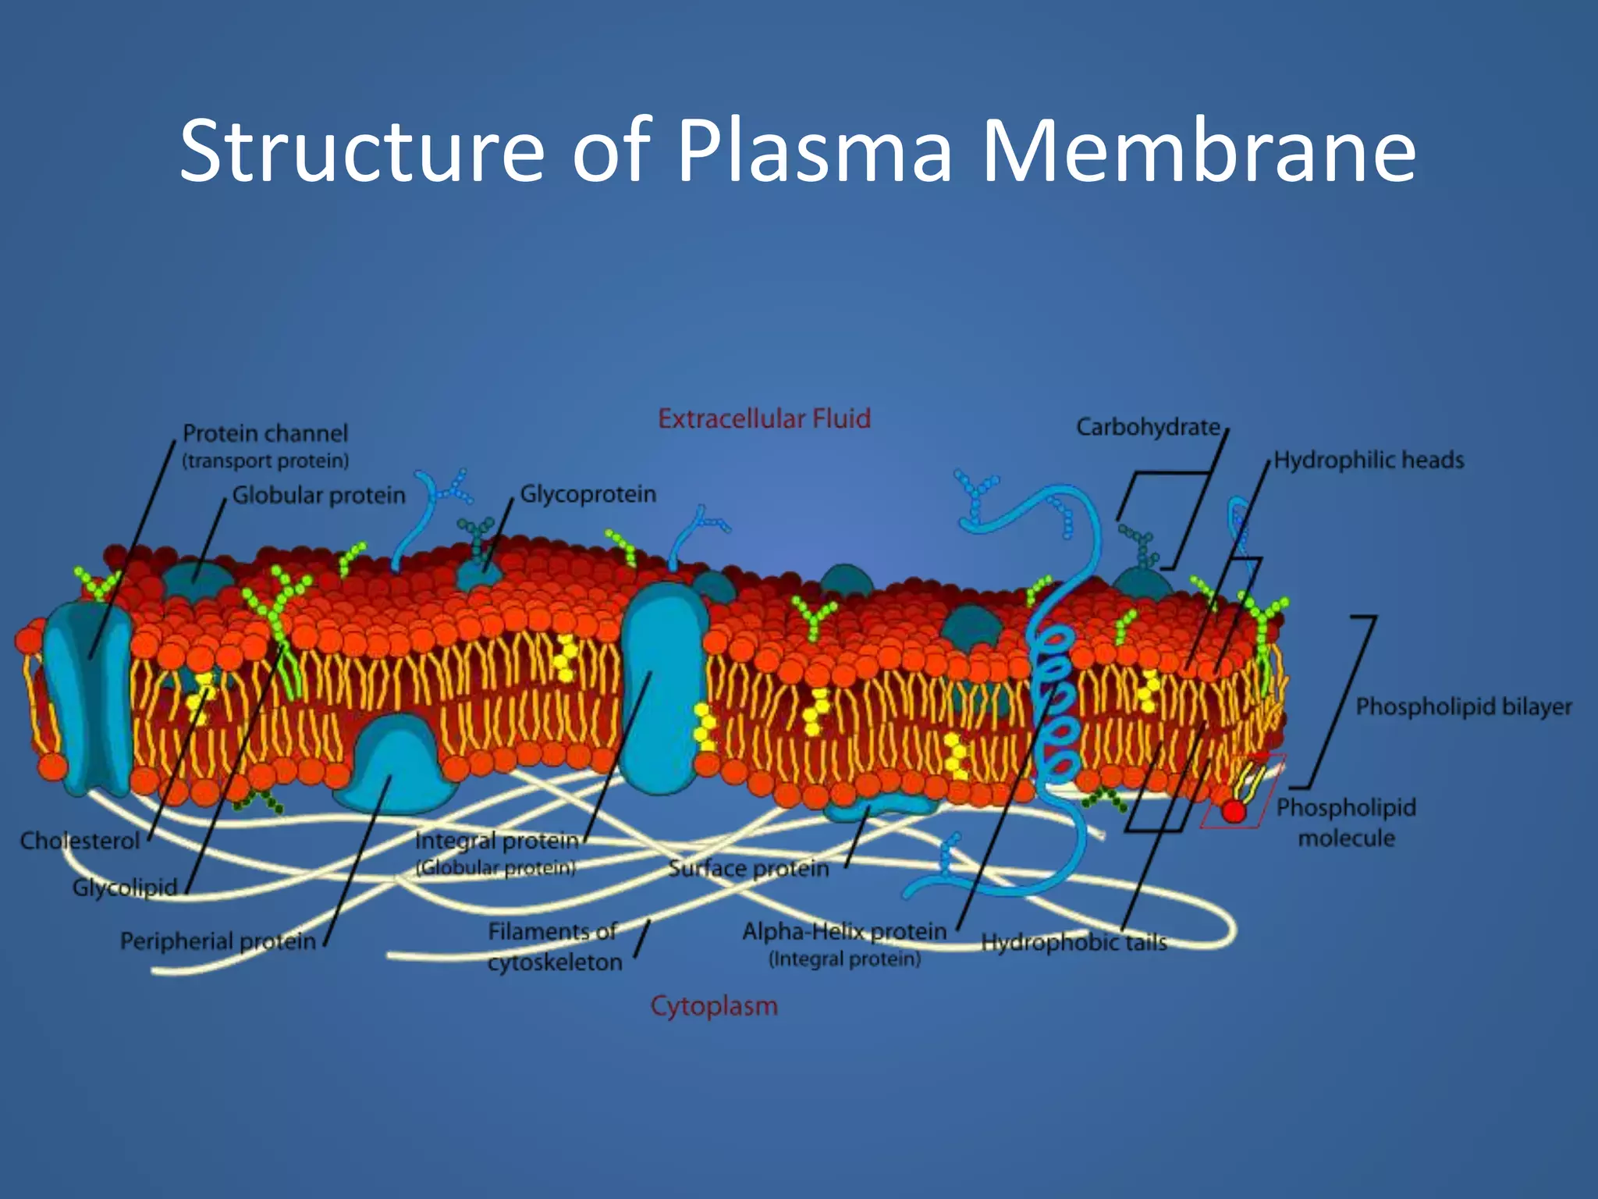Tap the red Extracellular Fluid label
click(764, 418)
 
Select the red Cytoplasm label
click(714, 1005)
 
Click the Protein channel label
click(265, 433)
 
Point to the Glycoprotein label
click(588, 494)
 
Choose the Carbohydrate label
click(1148, 427)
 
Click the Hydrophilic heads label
click(1369, 460)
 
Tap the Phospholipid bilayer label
click(1463, 706)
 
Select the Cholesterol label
click(80, 841)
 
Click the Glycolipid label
click(125, 888)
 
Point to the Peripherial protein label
click(218, 941)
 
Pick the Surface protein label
click(748, 868)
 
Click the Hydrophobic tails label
click(1074, 942)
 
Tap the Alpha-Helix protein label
click(843, 931)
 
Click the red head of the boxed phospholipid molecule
click(1234, 811)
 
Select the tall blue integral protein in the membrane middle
click(663, 687)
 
